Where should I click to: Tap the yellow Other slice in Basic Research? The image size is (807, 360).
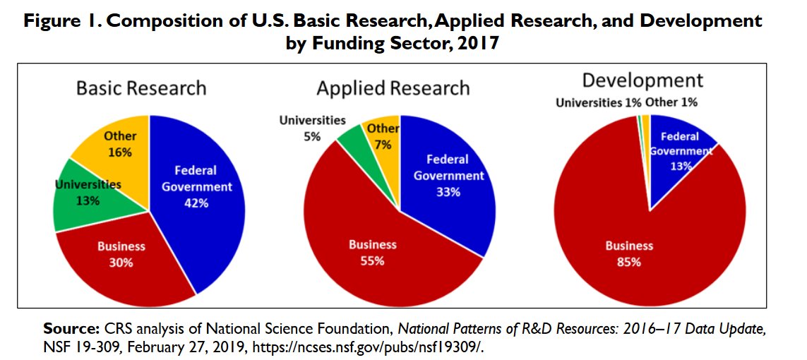click(113, 148)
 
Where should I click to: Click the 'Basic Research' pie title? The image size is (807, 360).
click(141, 88)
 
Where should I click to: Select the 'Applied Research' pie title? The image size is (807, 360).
click(393, 88)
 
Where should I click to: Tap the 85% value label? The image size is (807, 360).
click(629, 262)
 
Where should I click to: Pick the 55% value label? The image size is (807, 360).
click(373, 260)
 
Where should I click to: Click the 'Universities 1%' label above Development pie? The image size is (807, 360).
click(598, 102)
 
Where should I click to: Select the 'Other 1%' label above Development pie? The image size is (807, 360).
click(671, 102)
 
